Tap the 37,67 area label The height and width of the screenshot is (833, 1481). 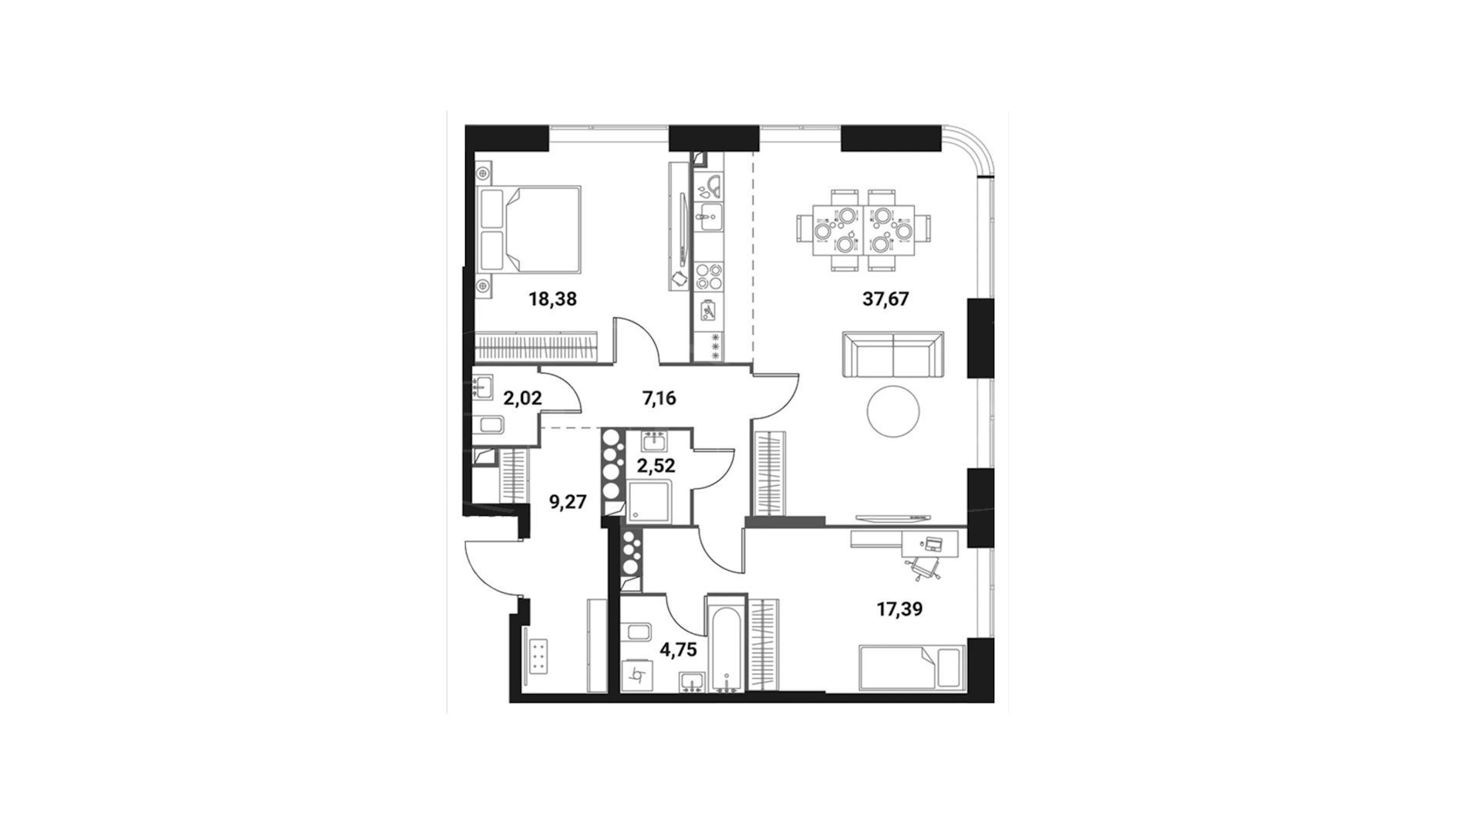(x=886, y=299)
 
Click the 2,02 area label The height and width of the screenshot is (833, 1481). (x=522, y=399)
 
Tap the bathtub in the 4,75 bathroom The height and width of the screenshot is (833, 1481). (x=725, y=642)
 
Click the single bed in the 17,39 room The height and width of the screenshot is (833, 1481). (x=910, y=667)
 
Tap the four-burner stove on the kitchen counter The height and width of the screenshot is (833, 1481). (x=709, y=276)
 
